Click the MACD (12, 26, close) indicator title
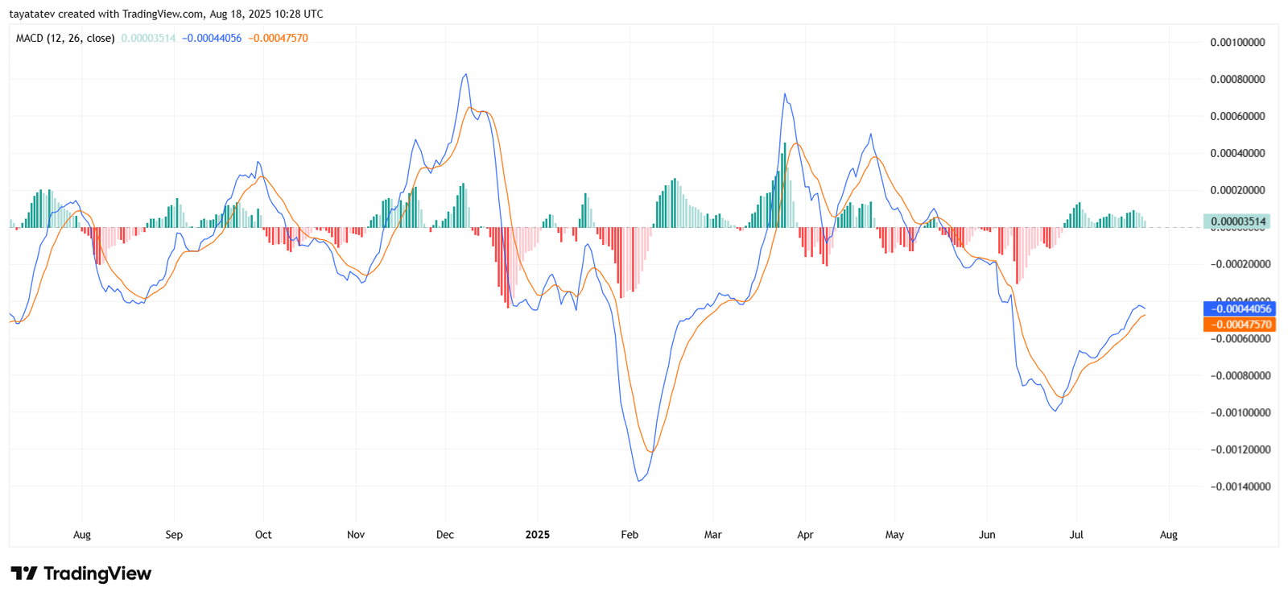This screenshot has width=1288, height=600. pos(64,38)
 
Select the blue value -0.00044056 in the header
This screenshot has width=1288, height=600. pos(211,38)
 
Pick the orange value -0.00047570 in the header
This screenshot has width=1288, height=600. pos(278,38)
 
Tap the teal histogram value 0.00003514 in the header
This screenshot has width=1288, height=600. pos(148,38)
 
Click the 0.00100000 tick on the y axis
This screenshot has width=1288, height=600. pos(1237,42)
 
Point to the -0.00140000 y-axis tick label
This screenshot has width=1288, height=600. pos(1240,486)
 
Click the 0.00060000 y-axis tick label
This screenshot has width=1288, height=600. pos(1237,116)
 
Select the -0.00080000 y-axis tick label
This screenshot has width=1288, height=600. pos(1240,375)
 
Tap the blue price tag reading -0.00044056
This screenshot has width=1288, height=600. pos(1239,308)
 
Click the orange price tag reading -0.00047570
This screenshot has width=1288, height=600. pos(1239,325)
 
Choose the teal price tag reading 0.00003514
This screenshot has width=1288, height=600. pos(1237,221)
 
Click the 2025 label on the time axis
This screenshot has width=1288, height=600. pos(537,535)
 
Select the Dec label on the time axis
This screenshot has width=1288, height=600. pos(444,535)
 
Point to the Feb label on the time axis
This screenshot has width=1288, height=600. pos(630,535)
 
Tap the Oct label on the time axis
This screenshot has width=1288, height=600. pos(263,535)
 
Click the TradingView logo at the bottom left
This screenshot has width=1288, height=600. pos(80,573)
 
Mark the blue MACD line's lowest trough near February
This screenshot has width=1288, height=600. pos(639,481)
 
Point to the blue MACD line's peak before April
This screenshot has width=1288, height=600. pos(784,94)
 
